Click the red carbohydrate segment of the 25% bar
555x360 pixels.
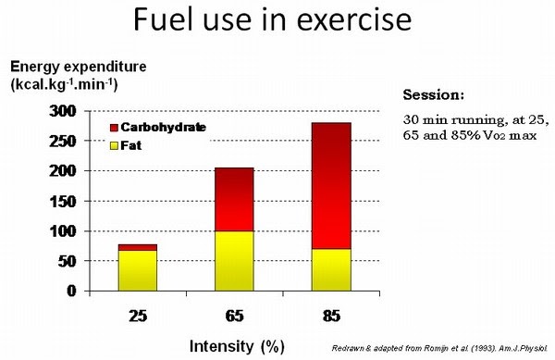(136, 247)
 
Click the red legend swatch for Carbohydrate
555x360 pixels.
(116, 127)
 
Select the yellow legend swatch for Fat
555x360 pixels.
(116, 143)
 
